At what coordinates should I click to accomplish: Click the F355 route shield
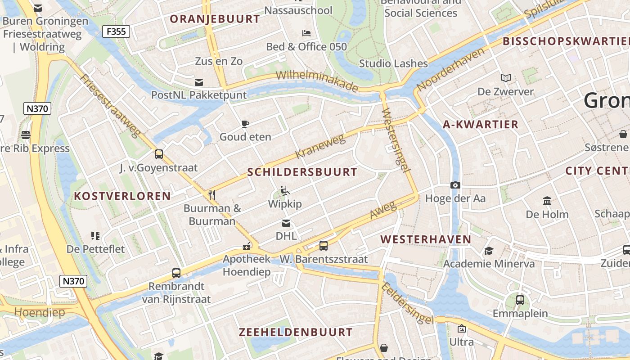[x=116, y=31]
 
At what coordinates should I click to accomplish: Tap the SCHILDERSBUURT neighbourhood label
[x=302, y=172]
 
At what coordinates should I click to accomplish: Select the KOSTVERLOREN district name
[x=122, y=196]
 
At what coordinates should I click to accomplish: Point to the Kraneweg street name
[x=320, y=146]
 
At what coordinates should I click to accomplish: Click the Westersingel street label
[x=396, y=140]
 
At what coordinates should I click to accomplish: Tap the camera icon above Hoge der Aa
[x=455, y=185]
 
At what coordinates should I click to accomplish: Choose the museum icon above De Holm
[x=547, y=201]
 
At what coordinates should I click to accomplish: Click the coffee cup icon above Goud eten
[x=245, y=124]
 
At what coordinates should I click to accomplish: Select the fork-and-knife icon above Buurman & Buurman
[x=212, y=194]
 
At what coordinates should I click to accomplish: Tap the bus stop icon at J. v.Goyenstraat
[x=158, y=154]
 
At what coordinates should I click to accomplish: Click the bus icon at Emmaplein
[x=520, y=300]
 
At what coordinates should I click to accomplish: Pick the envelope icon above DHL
[x=286, y=223]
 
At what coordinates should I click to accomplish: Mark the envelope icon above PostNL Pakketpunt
[x=198, y=82]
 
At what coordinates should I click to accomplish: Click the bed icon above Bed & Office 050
[x=306, y=33]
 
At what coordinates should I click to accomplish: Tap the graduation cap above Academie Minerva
[x=489, y=251]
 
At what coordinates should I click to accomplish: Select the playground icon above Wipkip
[x=284, y=191]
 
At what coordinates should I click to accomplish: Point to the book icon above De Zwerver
[x=506, y=78]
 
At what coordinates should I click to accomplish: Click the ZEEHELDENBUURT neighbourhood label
[x=296, y=333]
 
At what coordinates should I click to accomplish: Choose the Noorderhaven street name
[x=451, y=68]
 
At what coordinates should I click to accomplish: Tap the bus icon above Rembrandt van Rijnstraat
[x=176, y=273]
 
